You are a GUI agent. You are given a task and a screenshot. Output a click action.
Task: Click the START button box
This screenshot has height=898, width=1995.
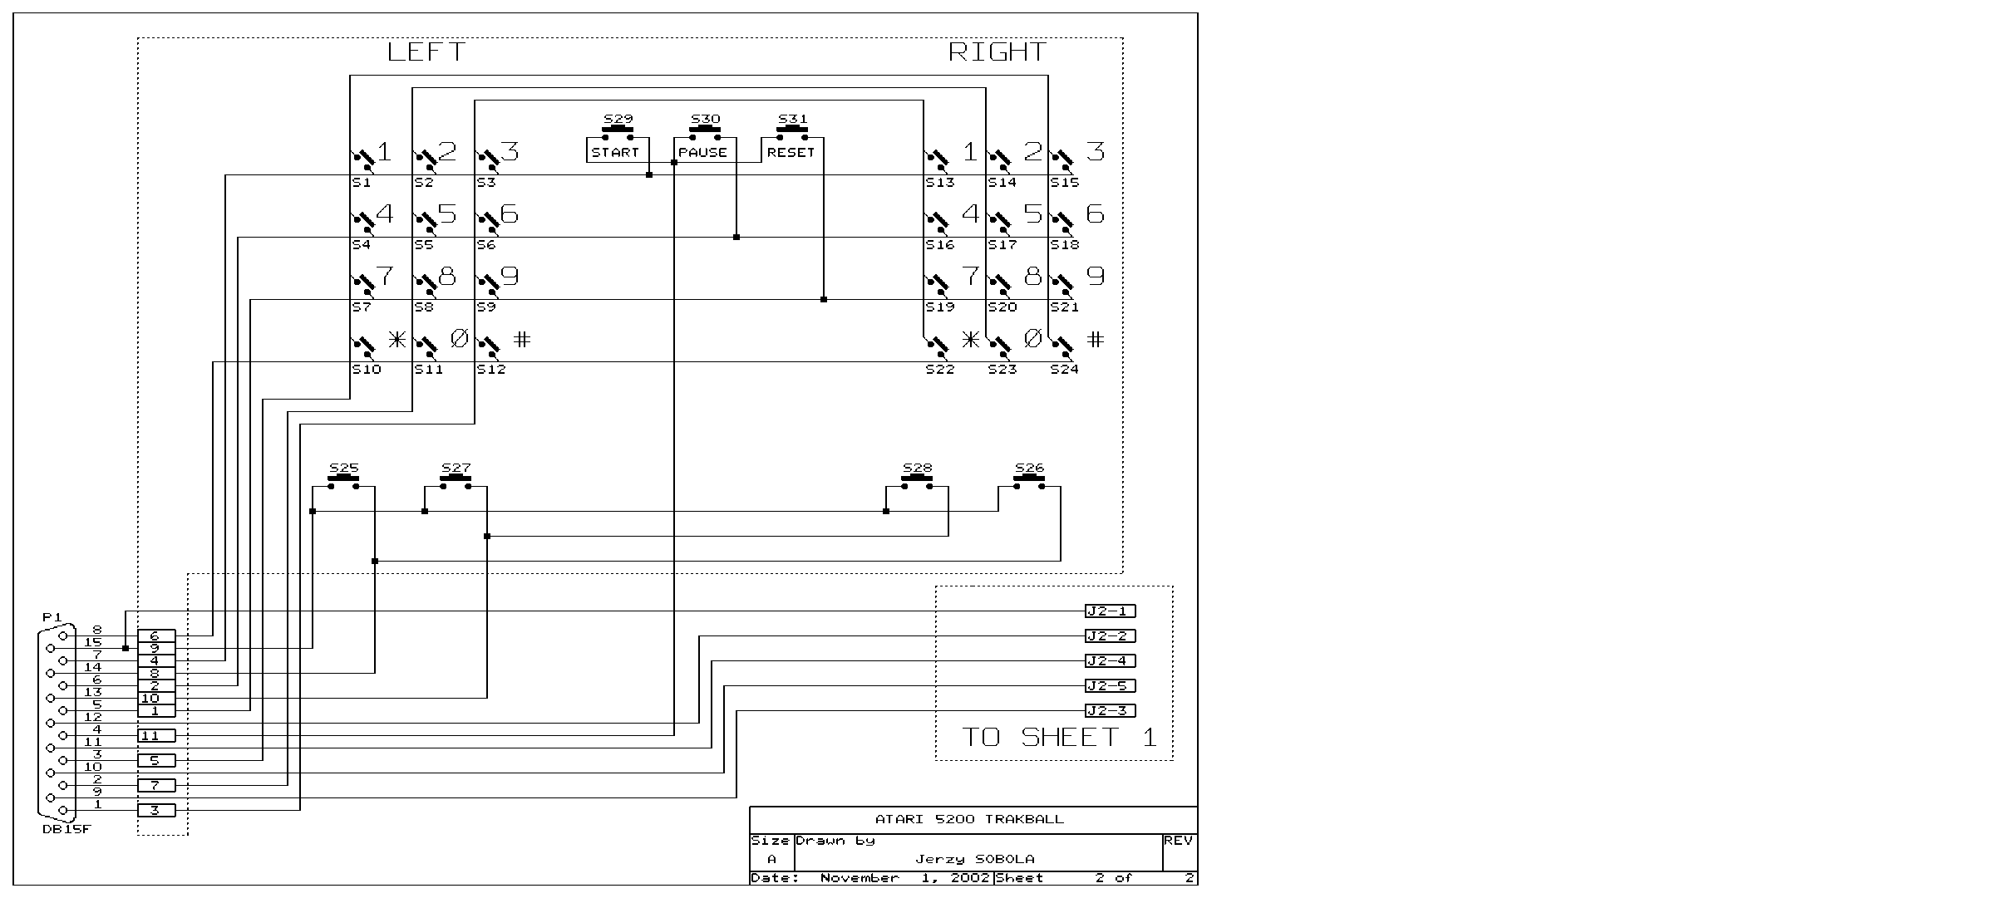(x=616, y=150)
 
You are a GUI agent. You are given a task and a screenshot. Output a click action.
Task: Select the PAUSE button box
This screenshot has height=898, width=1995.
(x=703, y=150)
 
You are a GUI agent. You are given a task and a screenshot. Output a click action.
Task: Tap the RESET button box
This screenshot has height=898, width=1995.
(x=791, y=150)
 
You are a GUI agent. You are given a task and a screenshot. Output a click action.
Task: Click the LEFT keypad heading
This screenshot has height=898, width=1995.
(x=426, y=52)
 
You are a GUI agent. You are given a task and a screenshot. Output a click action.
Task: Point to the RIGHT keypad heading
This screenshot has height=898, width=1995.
(x=997, y=52)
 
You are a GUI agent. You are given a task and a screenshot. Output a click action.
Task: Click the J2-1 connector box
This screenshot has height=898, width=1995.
(x=1111, y=611)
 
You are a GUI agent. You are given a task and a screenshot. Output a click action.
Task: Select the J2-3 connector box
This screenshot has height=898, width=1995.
(x=1111, y=711)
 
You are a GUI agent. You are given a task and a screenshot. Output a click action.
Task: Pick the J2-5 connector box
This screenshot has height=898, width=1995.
(x=1111, y=686)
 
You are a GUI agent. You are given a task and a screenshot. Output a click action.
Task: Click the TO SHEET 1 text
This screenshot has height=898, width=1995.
(x=1059, y=737)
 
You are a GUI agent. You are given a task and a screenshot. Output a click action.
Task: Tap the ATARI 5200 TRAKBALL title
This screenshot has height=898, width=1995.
(x=969, y=819)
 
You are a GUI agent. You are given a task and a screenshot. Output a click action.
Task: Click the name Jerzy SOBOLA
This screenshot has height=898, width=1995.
(x=975, y=859)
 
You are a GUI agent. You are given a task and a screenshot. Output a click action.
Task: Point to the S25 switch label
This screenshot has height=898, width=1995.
(x=343, y=468)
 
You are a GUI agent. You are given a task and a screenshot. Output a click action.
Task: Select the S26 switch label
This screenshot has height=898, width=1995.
(x=1029, y=468)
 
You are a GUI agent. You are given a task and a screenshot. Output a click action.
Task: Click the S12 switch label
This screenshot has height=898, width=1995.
(x=491, y=369)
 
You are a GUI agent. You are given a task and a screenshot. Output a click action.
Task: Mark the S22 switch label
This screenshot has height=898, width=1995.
(x=940, y=369)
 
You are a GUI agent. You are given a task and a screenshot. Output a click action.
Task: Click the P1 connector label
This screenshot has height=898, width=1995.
(x=52, y=617)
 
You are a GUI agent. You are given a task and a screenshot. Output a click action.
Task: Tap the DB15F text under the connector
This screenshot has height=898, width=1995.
(x=66, y=829)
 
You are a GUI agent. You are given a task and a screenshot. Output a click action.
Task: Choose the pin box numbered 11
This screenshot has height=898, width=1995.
(x=156, y=736)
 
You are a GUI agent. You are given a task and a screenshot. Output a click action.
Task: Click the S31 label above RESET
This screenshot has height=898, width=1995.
(x=792, y=119)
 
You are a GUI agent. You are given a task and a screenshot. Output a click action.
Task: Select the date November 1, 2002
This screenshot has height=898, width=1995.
(x=905, y=878)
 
